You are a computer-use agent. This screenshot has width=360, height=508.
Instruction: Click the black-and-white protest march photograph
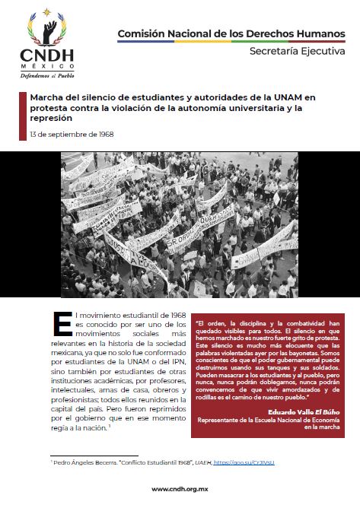coord(180,224)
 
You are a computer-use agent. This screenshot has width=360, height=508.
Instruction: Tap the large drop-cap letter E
coord(63,322)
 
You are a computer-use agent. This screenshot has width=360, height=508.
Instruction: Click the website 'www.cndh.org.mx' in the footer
coord(180,489)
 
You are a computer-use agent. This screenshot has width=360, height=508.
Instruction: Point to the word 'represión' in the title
coord(50,118)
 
